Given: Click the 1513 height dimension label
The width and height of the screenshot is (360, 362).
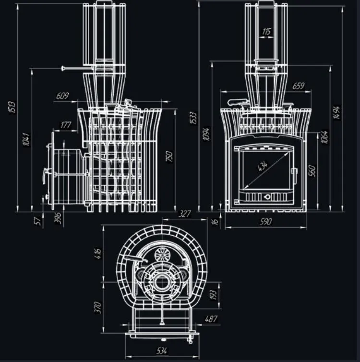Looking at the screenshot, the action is click(12, 107).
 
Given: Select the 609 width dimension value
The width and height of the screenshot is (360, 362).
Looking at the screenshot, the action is click(62, 96).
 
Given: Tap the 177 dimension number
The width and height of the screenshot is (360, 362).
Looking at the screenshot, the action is click(66, 125).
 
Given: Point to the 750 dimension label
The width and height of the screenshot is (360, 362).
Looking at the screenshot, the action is click(169, 157).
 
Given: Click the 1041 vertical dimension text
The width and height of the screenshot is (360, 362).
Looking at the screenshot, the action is click(26, 139).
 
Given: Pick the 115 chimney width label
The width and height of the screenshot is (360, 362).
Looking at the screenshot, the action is click(266, 32).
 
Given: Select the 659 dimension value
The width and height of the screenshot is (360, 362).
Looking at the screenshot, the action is click(299, 86).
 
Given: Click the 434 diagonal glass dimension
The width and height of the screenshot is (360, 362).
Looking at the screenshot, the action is click(263, 166).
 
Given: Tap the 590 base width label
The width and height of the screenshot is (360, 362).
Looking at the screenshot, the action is click(266, 222).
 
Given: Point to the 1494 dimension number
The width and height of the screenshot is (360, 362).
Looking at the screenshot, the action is click(336, 112).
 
